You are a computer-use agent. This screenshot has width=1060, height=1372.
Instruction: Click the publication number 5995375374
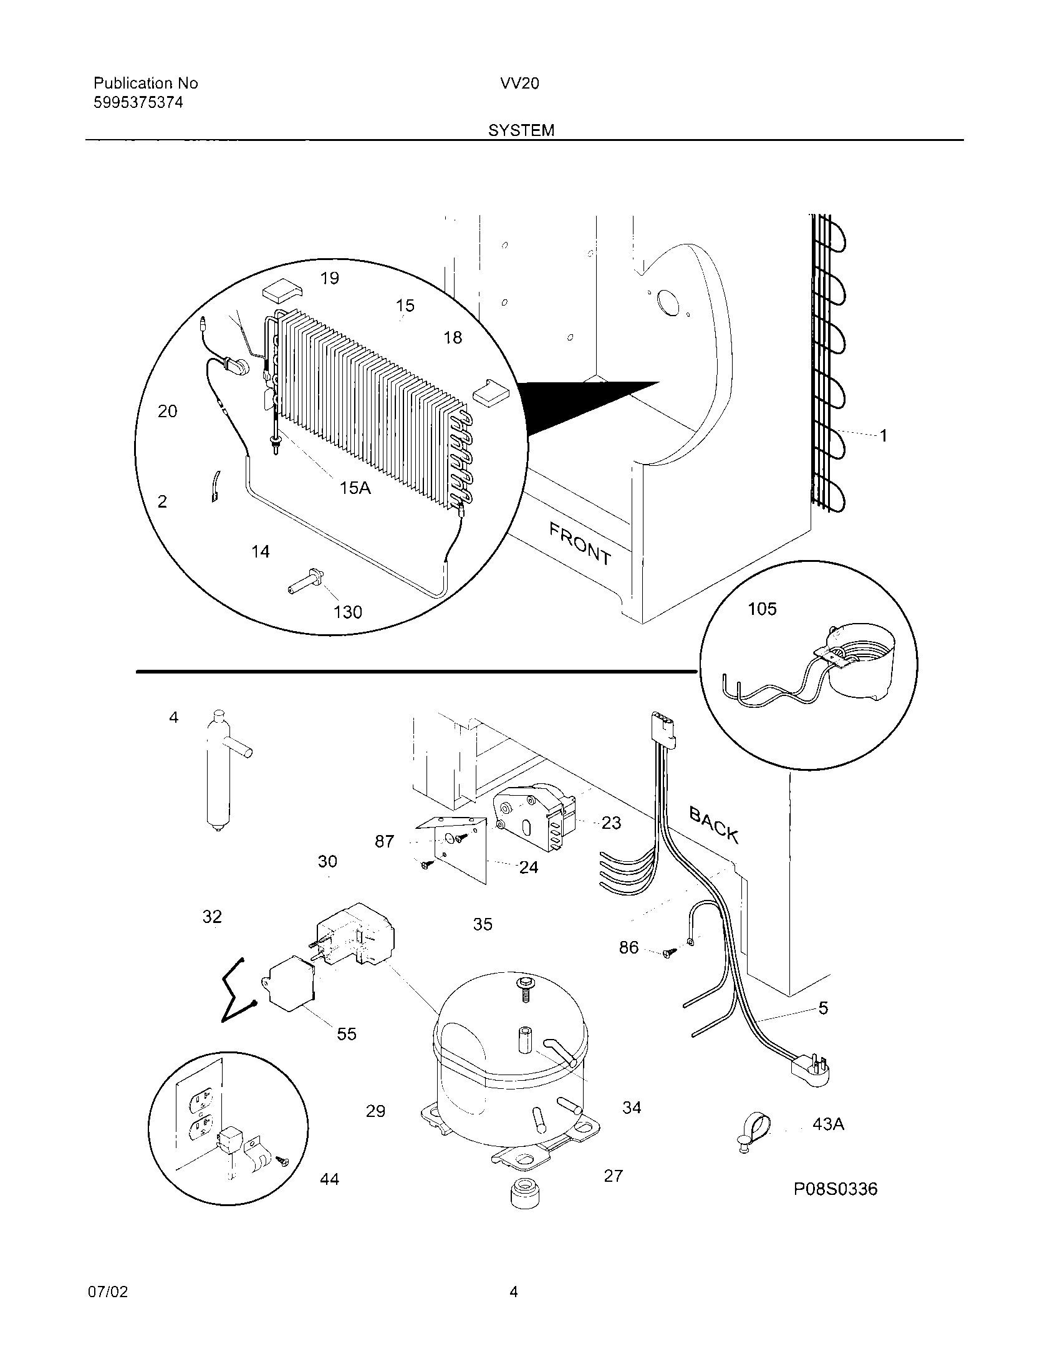(138, 102)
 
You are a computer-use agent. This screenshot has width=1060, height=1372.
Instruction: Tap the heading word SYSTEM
(521, 130)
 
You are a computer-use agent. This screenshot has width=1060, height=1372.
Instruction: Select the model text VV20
(519, 84)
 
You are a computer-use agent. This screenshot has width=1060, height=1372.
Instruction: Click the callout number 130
(347, 612)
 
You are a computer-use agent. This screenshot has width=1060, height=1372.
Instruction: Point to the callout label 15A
(355, 487)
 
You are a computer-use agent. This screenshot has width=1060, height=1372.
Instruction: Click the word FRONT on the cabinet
(581, 544)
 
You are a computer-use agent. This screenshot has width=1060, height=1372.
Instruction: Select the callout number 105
(762, 609)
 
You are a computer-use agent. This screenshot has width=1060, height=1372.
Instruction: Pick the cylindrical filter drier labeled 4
(216, 773)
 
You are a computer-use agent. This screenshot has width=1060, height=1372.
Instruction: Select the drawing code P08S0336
(835, 1189)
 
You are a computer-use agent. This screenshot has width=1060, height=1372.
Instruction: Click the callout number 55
(346, 1034)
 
